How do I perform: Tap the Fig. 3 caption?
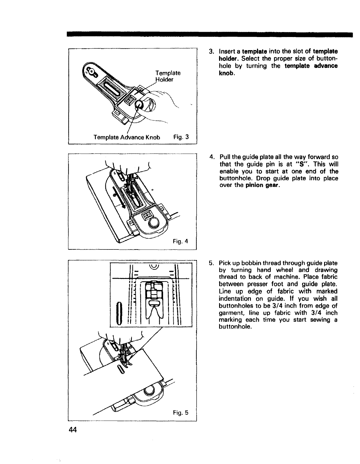tap(181, 137)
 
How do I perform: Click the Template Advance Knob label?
tap(127, 137)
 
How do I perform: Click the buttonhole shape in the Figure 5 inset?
tap(118, 314)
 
